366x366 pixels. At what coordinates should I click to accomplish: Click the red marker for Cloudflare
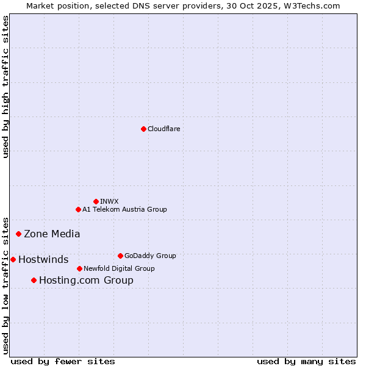pyautogui.click(x=143, y=129)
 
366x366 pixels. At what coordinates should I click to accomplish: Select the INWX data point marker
pyautogui.click(x=96, y=201)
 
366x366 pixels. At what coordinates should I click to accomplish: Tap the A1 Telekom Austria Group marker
pyautogui.click(x=78, y=209)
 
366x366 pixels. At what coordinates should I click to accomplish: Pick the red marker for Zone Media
pyautogui.click(x=19, y=234)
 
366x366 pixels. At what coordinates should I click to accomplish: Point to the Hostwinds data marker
pyautogui.click(x=13, y=259)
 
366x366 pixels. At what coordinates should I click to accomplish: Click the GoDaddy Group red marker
pyautogui.click(x=120, y=256)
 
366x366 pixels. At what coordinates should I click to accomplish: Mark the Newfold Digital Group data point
pyautogui.click(x=79, y=268)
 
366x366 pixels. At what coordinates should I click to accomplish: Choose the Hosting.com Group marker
pyautogui.click(x=34, y=280)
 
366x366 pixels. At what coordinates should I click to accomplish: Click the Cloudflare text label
pyautogui.click(x=164, y=129)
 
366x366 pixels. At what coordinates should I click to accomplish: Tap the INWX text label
pyautogui.click(x=110, y=201)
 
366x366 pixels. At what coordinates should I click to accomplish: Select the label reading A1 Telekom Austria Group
pyautogui.click(x=124, y=209)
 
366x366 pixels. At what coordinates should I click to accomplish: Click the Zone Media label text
pyautogui.click(x=52, y=234)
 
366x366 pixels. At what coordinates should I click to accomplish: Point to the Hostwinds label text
pyautogui.click(x=43, y=260)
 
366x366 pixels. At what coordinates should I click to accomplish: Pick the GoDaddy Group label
pyautogui.click(x=150, y=256)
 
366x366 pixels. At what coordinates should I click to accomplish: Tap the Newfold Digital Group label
pyautogui.click(x=119, y=268)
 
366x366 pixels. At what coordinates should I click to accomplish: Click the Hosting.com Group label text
pyautogui.click(x=86, y=281)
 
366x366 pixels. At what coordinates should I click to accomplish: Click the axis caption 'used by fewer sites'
pyautogui.click(x=63, y=361)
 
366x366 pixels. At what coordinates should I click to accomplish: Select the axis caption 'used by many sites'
pyautogui.click(x=306, y=361)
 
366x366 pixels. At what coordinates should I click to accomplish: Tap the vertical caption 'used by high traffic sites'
pyautogui.click(x=6, y=87)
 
